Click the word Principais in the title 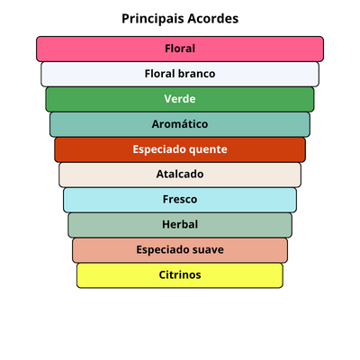(153, 19)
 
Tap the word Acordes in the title (213, 19)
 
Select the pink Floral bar (180, 49)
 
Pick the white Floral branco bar (180, 74)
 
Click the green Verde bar (180, 99)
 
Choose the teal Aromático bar (180, 124)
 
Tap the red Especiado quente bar (180, 149)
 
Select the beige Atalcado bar (180, 175)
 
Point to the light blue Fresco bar (180, 200)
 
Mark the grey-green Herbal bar (180, 225)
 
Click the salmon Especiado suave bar (180, 250)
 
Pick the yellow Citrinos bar (180, 275)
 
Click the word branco (197, 74)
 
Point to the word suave (208, 250)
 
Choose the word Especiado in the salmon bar (162, 250)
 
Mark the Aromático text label (180, 124)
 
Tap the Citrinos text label (180, 274)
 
